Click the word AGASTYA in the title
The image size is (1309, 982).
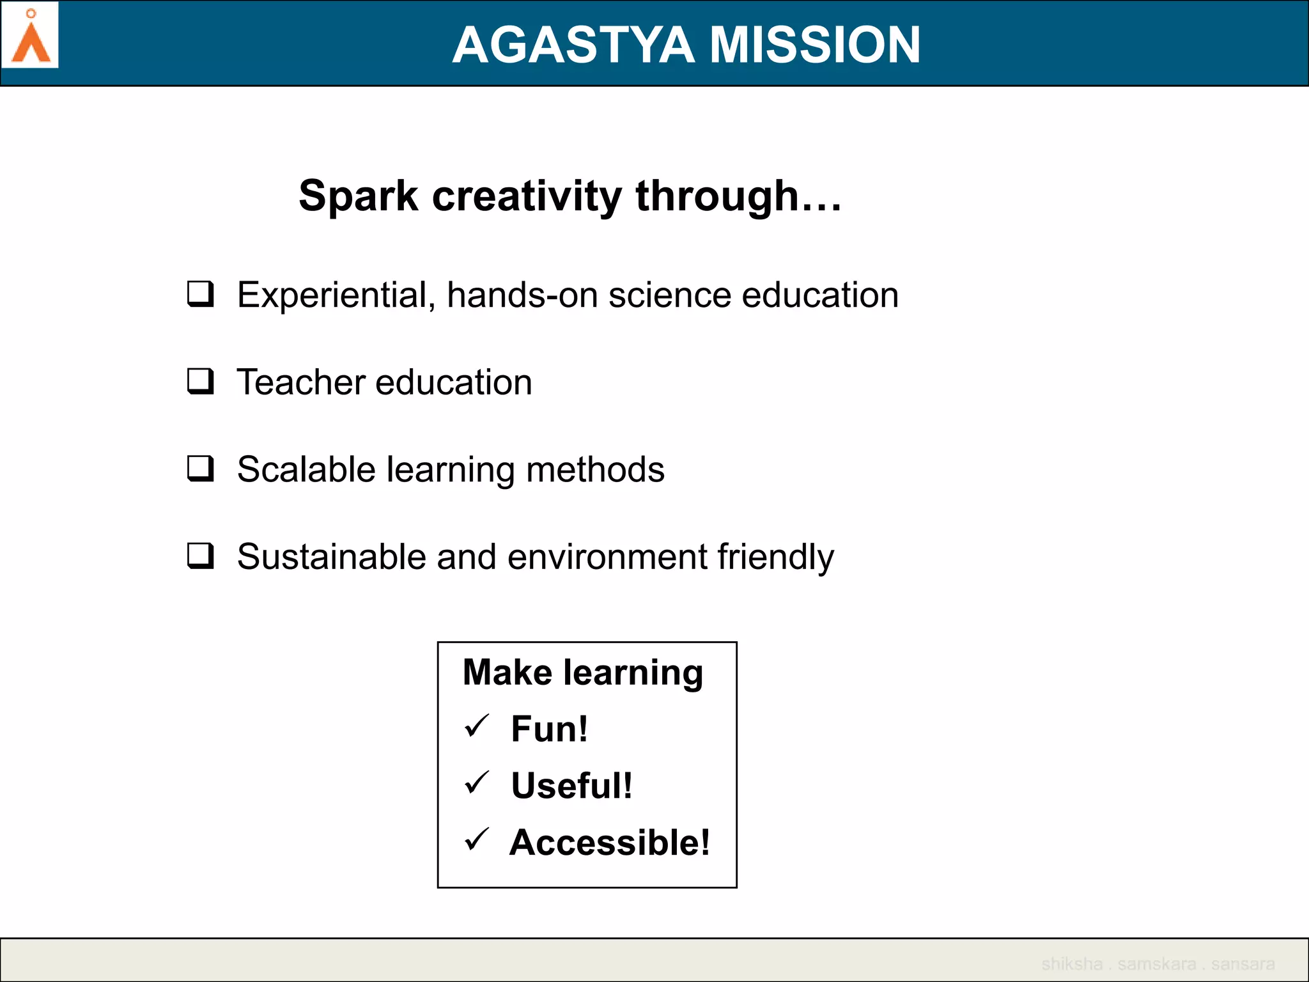(573, 45)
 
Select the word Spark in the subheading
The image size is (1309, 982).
(358, 196)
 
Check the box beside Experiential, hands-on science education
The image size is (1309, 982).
(200, 294)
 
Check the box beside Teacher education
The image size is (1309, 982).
(200, 381)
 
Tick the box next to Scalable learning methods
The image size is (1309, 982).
(200, 468)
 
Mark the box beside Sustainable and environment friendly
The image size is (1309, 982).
(200, 555)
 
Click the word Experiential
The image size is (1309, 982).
(336, 295)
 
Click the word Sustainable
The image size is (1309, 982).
(332, 556)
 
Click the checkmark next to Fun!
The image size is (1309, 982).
(477, 726)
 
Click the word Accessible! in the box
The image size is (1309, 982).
(610, 842)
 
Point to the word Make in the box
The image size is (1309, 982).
(507, 673)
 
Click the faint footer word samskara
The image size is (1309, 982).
(1156, 963)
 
